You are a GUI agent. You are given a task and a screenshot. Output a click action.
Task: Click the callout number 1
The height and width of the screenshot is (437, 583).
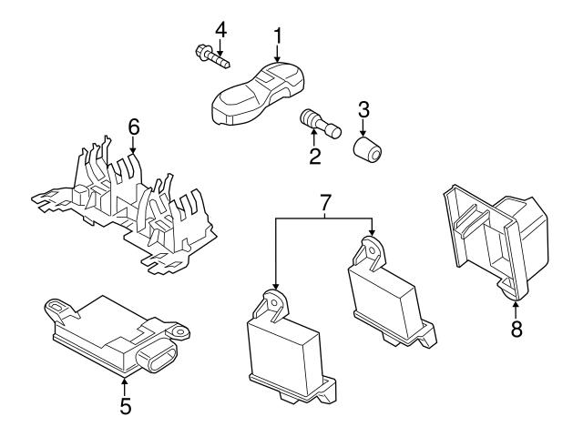click(278, 37)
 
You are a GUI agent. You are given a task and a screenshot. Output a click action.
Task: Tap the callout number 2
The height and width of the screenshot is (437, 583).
click(315, 157)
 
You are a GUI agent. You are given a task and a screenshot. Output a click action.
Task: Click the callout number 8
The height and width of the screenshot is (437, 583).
click(517, 329)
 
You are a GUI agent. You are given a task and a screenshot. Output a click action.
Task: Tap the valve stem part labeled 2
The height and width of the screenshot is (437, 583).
click(320, 122)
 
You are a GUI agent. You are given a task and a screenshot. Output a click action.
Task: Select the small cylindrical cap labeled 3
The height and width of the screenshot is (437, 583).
click(367, 147)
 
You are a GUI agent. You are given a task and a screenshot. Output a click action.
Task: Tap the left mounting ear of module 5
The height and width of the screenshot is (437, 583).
click(59, 308)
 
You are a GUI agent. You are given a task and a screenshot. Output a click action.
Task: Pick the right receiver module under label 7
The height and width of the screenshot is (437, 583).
click(388, 291)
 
